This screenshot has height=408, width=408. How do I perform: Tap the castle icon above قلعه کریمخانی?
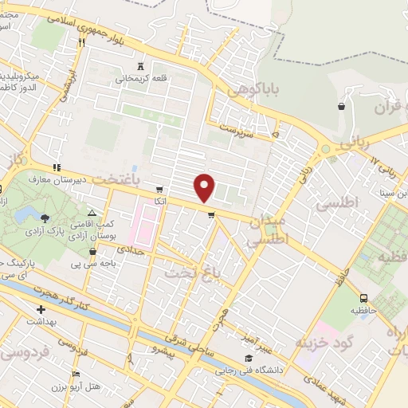click(142, 66)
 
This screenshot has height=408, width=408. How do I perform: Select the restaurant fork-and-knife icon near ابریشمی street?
click(81, 45)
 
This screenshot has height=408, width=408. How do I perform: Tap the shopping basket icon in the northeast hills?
click(342, 106)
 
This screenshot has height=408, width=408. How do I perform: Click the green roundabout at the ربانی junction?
click(325, 149)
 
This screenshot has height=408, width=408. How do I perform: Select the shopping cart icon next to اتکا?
click(159, 190)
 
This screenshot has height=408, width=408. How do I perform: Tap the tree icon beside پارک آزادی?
click(45, 218)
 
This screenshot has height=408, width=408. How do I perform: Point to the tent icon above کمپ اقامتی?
click(92, 214)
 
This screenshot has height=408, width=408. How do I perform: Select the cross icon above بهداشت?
click(41, 309)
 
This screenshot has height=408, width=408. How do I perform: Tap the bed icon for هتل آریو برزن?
click(76, 374)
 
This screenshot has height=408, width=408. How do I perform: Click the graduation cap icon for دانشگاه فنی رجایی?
click(249, 359)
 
